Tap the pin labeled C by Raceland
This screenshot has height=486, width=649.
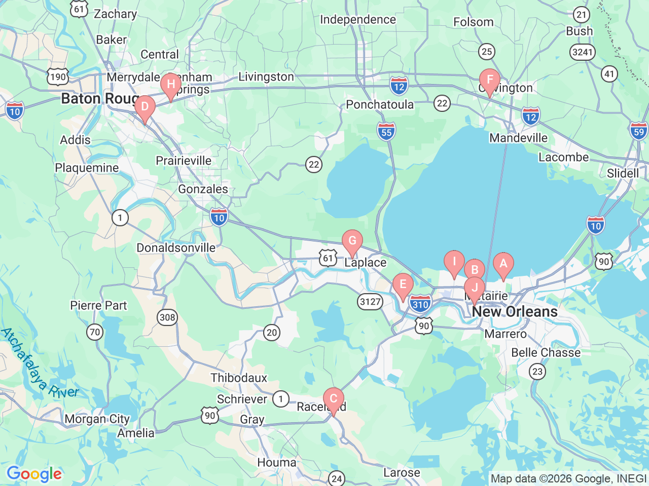[334, 399]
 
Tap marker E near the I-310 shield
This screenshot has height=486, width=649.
[403, 285]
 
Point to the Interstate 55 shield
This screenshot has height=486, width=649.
[386, 131]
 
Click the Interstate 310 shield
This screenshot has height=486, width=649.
[420, 304]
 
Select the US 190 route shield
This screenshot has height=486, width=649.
[58, 76]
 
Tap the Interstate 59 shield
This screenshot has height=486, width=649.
[638, 131]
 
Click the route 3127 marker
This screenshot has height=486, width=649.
[370, 302]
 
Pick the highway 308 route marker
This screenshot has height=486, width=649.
[167, 317]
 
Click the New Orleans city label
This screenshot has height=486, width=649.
[515, 312]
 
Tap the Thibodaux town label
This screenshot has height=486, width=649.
[238, 378]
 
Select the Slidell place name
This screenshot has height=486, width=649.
[623, 173]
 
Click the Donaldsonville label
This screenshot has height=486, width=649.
[176, 248]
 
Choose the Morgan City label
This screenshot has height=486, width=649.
[97, 419]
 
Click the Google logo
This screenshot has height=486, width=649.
[34, 474]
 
